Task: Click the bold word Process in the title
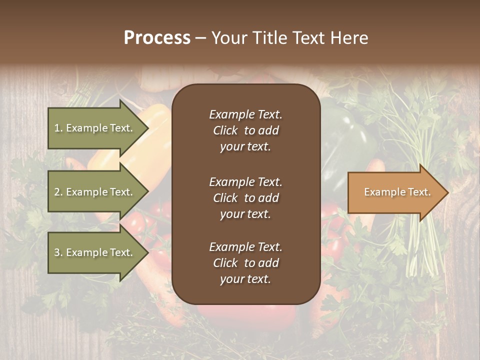[x=157, y=38]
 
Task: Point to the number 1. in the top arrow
[x=58, y=128]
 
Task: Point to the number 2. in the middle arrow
[x=58, y=192]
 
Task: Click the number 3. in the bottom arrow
[x=58, y=252]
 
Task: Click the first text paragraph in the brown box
[x=245, y=130]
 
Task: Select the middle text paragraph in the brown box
[x=245, y=198]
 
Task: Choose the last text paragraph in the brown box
[x=245, y=263]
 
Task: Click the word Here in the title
[x=349, y=38]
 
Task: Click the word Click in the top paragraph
[x=225, y=130]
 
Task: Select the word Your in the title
[x=227, y=38]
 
